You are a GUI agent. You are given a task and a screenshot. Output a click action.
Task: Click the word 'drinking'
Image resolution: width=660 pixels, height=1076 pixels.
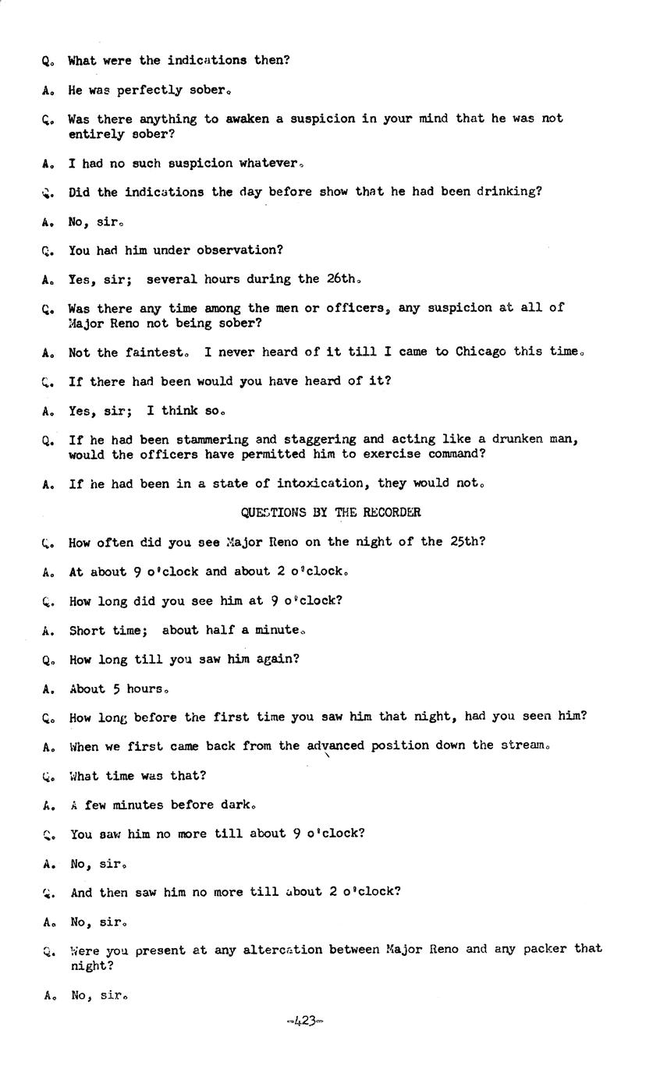508,192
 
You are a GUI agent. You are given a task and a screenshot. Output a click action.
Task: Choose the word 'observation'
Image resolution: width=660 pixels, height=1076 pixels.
236,250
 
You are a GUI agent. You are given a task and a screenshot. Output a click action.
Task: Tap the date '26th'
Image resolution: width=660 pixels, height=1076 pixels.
342,279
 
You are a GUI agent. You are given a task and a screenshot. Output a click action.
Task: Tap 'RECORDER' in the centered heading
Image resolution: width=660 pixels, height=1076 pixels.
389,513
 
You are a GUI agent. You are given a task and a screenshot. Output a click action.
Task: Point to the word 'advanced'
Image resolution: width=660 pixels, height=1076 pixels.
335,746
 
